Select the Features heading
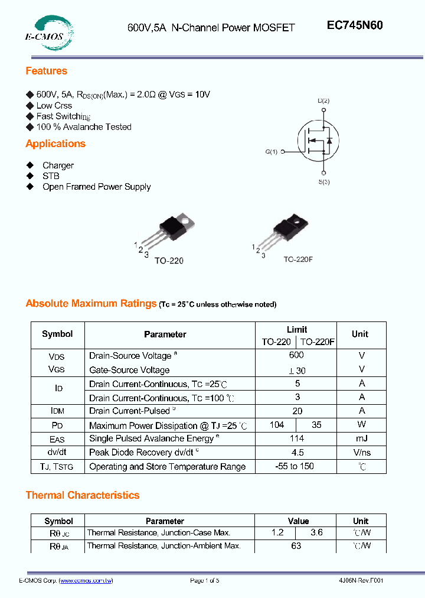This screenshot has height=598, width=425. tap(46, 71)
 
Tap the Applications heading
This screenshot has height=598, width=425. tap(55, 144)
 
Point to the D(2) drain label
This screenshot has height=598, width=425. tap(323, 101)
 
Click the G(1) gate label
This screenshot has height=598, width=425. tap(271, 152)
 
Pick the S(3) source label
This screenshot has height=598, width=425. tap(324, 182)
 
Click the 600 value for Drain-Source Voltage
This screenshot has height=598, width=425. tap(296, 355)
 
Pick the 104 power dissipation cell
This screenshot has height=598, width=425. tap(276, 425)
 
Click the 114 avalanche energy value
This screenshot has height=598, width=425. tap(296, 438)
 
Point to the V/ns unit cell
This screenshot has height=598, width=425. tap(361, 453)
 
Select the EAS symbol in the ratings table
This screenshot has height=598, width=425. tap(57, 439)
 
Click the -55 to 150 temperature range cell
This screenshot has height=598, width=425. tap(295, 466)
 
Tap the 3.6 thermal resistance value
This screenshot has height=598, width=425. tap(316, 532)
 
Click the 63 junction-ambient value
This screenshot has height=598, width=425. tap(296, 546)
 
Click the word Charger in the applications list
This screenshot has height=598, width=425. tap(58, 165)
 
